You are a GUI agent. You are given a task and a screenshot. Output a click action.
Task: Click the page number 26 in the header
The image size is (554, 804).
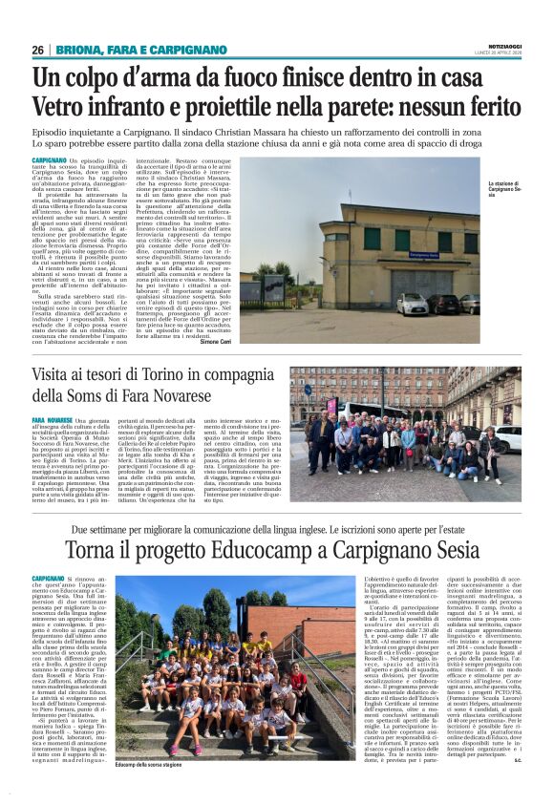pyautogui.click(x=38, y=49)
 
